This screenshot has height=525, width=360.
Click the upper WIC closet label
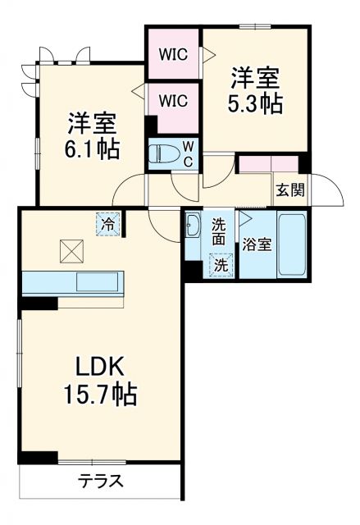tap(173, 55)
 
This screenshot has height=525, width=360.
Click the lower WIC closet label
tap(173, 101)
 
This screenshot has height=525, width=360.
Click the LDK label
tap(99, 367)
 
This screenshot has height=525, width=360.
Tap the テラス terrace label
tap(101, 482)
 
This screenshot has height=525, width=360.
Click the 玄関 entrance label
tap(289, 189)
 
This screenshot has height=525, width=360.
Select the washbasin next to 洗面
tap(193, 224)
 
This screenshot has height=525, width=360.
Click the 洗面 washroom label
tap(220, 231)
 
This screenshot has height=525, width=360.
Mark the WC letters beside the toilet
tap(187, 153)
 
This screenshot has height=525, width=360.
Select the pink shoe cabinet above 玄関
tap(267, 162)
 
